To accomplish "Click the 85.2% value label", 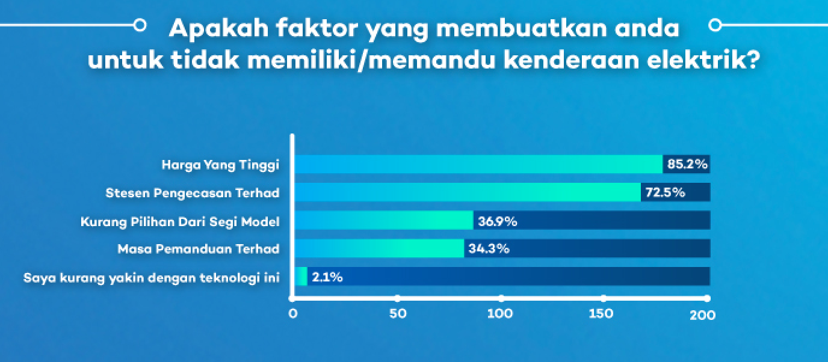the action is tap(687, 164).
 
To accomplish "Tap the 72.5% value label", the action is tap(665, 192).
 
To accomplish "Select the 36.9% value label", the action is tap(498, 221).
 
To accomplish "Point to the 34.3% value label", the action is tap(489, 248).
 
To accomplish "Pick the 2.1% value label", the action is tap(327, 277).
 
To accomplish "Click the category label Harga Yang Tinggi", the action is tap(220, 165).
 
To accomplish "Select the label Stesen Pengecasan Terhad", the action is tap(193, 193).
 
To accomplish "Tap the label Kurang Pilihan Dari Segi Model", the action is tap(180, 222).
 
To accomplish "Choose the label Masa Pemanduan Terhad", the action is tap(199, 248).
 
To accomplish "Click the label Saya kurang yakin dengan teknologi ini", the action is tap(152, 277).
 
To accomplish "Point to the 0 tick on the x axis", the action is tap(293, 314).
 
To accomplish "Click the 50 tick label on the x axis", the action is tap(398, 314).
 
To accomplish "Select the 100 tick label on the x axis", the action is tap(500, 314).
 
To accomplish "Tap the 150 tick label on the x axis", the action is tap(601, 314).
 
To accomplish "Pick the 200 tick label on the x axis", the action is tap(703, 314).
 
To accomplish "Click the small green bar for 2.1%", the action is tap(301, 276).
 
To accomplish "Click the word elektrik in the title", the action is tap(703, 59).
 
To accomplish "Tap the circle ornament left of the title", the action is tap(140, 25).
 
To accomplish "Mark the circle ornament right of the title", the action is tap(715, 25).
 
